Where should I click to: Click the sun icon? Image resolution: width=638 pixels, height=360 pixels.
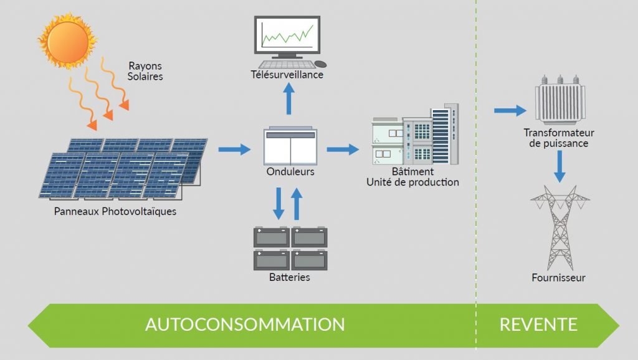(68, 40)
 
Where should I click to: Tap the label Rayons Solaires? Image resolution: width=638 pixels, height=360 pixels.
(146, 71)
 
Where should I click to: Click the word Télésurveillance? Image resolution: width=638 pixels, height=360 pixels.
(287, 75)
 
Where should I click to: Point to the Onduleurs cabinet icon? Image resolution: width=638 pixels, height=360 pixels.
(290, 146)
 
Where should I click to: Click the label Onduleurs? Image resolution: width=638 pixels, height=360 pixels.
(290, 172)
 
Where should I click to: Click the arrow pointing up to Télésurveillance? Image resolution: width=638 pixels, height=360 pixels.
(289, 99)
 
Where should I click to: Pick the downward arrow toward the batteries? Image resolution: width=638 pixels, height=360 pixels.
(279, 203)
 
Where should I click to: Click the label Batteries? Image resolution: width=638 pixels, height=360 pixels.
(290, 277)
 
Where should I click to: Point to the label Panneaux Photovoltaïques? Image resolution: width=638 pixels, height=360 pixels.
(116, 212)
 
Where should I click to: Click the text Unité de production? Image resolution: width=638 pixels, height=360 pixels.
(412, 182)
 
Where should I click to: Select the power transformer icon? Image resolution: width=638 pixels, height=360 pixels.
(559, 100)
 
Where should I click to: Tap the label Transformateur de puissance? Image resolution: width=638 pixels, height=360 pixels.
(559, 138)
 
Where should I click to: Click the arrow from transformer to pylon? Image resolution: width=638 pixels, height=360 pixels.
(559, 166)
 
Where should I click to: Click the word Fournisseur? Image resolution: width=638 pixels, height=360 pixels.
(559, 278)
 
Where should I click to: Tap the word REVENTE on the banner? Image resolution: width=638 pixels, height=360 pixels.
(538, 324)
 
